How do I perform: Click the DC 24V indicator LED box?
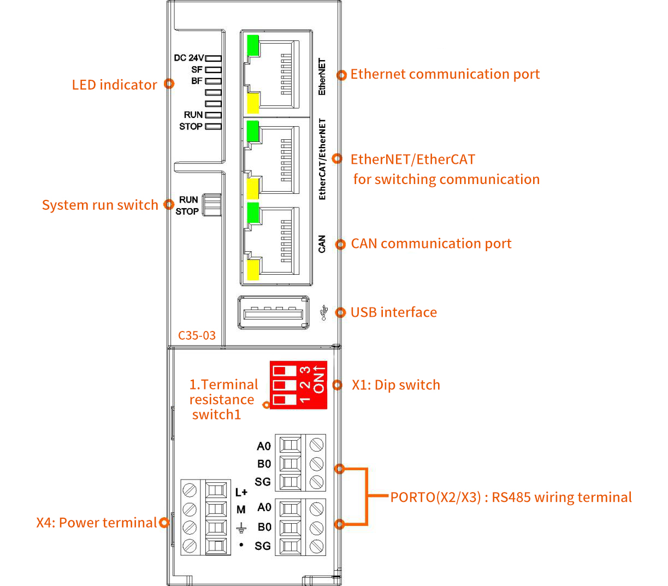pos(213,58)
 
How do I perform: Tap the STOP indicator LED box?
pos(213,126)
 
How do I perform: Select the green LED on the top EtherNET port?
pos(252,46)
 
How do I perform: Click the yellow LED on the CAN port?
pos(252,270)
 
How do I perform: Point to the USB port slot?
pos(273,313)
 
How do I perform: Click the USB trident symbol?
pos(324,312)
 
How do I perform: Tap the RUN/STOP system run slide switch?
pos(211,205)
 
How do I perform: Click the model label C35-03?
pos(197,335)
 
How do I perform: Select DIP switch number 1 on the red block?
pos(284,400)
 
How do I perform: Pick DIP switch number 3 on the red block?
pos(284,371)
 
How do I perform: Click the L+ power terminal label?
pos(241,492)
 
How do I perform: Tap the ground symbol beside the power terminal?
pos(241,528)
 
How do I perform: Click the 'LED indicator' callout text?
pos(114,85)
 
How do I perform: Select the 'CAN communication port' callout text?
pos(431,244)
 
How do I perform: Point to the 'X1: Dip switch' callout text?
pos(395,385)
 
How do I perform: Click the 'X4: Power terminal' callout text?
pos(96,523)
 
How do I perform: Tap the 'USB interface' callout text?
pos(393,312)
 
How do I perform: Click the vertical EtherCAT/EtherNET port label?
pos(322,159)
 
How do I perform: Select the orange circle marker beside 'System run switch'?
pos(169,205)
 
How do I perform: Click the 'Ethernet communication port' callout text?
pos(445,74)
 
